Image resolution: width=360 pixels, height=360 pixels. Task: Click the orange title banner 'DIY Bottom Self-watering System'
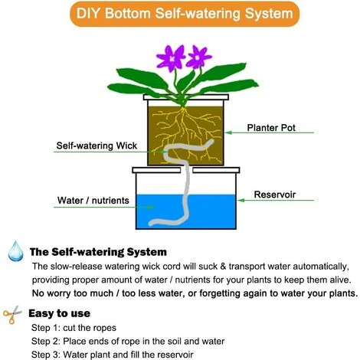(185, 14)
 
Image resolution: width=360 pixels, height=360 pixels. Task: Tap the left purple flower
(171, 58)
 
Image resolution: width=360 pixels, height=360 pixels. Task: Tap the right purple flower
(198, 57)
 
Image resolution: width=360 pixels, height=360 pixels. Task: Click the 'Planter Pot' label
(271, 128)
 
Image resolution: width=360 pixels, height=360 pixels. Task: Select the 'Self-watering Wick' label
(97, 146)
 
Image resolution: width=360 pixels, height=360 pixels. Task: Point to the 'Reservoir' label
(275, 195)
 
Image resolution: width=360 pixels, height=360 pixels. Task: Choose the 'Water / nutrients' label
(93, 201)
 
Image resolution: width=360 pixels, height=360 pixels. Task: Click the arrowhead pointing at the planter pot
(228, 133)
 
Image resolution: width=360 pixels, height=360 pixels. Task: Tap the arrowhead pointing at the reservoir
(241, 200)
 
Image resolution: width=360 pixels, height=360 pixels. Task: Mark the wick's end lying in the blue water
(151, 224)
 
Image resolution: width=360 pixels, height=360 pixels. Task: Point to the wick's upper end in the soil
(211, 141)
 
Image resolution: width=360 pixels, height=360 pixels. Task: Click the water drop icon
(15, 251)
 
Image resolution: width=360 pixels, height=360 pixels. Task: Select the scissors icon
(12, 315)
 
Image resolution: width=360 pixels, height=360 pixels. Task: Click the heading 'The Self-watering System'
(98, 252)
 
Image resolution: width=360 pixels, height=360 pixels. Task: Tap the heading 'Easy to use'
(59, 313)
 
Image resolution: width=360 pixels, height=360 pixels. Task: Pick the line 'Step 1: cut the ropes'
(74, 328)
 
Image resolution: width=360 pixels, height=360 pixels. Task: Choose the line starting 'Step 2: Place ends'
(128, 341)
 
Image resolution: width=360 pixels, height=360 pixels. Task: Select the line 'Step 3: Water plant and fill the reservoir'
(113, 355)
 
